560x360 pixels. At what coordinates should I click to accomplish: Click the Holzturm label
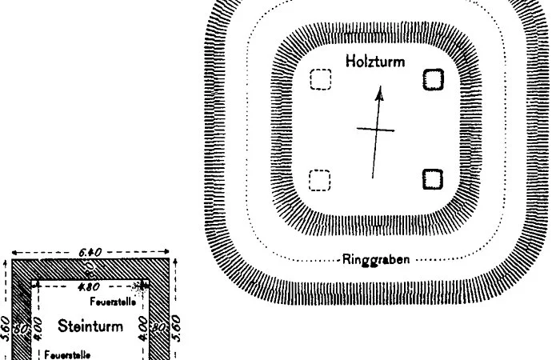coord(375,61)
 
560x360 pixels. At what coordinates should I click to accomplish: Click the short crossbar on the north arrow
coord(376,130)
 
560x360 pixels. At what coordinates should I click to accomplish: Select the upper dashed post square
coord(320,80)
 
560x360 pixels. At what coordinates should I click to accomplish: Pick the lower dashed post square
coord(320,180)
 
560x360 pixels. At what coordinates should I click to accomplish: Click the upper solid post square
coord(433,79)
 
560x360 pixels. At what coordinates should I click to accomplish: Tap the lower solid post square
coord(433,179)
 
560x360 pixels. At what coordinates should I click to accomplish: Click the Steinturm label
coord(90,326)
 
